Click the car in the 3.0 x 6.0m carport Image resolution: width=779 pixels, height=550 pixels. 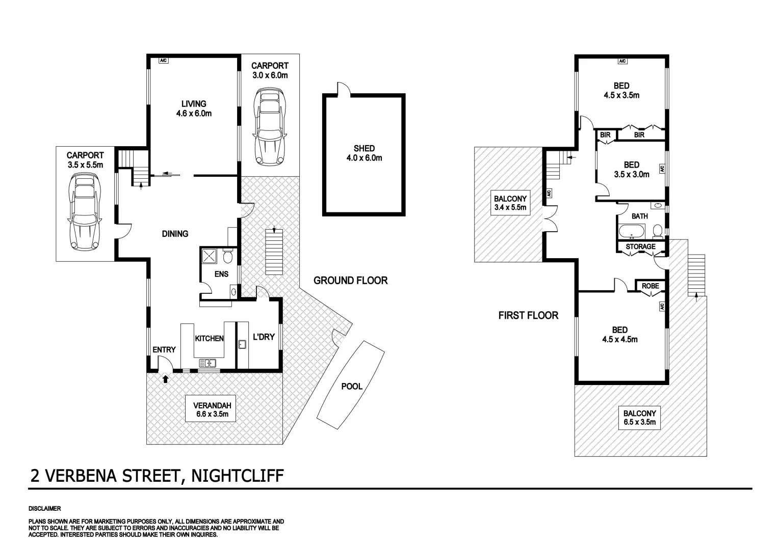pyautogui.click(x=270, y=127)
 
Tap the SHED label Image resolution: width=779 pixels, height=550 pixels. pyautogui.click(x=364, y=153)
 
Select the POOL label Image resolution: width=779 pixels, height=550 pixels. pyautogui.click(x=352, y=386)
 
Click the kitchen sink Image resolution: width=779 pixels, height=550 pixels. pyautogui.click(x=207, y=363)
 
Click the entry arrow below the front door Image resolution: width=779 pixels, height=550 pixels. pyautogui.click(x=165, y=379)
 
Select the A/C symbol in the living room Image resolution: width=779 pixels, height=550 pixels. pyautogui.click(x=163, y=61)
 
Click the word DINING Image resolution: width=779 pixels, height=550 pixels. pyautogui.click(x=175, y=234)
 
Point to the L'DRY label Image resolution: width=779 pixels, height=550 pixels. pyautogui.click(x=264, y=337)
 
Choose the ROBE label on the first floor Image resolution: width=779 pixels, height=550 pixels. pyautogui.click(x=650, y=286)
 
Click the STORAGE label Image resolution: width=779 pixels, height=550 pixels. pyautogui.click(x=640, y=247)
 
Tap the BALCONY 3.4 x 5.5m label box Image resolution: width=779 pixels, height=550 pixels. pyautogui.click(x=510, y=203)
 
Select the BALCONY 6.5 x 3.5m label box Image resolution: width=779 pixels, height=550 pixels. pyautogui.click(x=639, y=418)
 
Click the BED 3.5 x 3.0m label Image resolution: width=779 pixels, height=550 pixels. pyautogui.click(x=631, y=169)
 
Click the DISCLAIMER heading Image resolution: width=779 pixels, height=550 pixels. pyautogui.click(x=44, y=509)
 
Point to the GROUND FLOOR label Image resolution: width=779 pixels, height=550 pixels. pyautogui.click(x=350, y=280)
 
